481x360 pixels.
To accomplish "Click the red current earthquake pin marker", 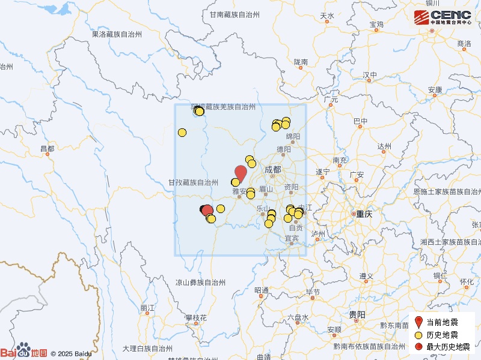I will pyautogui.click(x=240, y=173).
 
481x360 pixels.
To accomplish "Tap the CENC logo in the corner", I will pyautogui.click(x=443, y=17).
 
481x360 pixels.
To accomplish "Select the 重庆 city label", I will pyautogui.click(x=364, y=214).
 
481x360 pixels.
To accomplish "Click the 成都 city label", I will pyautogui.click(x=272, y=170).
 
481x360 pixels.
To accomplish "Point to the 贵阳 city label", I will pyautogui.click(x=357, y=314).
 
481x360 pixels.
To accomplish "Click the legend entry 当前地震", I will pyautogui.click(x=442, y=323).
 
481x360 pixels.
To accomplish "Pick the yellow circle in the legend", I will pyautogui.click(x=419, y=335).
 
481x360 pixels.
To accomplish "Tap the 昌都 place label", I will pyautogui.click(x=47, y=148).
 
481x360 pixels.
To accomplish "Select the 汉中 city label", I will pyautogui.click(x=370, y=75).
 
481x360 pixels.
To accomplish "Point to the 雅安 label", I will pyautogui.click(x=239, y=192).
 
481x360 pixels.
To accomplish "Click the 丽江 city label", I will pyautogui.click(x=147, y=308).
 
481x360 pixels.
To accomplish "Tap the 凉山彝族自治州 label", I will pyautogui.click(x=200, y=282).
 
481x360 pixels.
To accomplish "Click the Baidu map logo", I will pyautogui.click(x=24, y=352).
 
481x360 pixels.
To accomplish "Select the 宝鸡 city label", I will pyautogui.click(x=377, y=25).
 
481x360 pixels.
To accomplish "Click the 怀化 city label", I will pyautogui.click(x=467, y=281).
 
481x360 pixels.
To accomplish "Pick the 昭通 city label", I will pyautogui.click(x=262, y=290).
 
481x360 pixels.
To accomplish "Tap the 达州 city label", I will pyautogui.click(x=384, y=146).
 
